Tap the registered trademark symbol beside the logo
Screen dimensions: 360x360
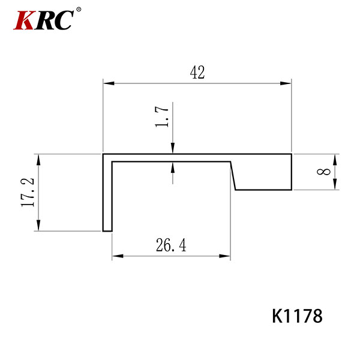click(79, 10)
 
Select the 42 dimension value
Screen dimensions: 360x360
click(197, 72)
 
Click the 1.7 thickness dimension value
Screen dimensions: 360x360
click(162, 116)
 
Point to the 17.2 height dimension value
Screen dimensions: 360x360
click(28, 193)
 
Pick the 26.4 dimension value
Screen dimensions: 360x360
click(171, 245)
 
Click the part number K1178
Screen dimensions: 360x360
click(298, 316)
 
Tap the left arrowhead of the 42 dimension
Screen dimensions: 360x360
click(109, 83)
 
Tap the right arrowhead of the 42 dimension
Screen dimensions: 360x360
click(286, 83)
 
